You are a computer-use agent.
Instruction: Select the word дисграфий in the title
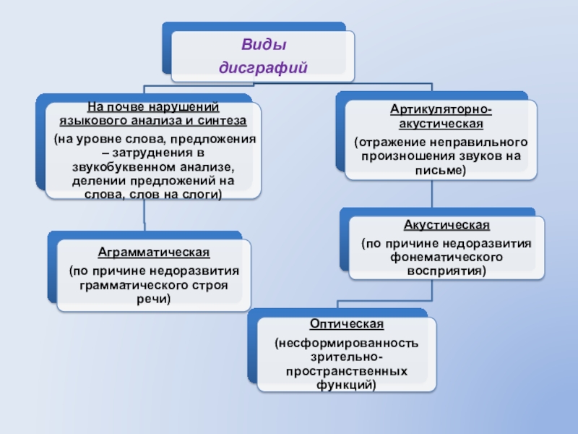263,67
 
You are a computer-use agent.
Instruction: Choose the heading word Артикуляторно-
441,109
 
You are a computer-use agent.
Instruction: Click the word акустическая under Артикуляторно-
441,123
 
